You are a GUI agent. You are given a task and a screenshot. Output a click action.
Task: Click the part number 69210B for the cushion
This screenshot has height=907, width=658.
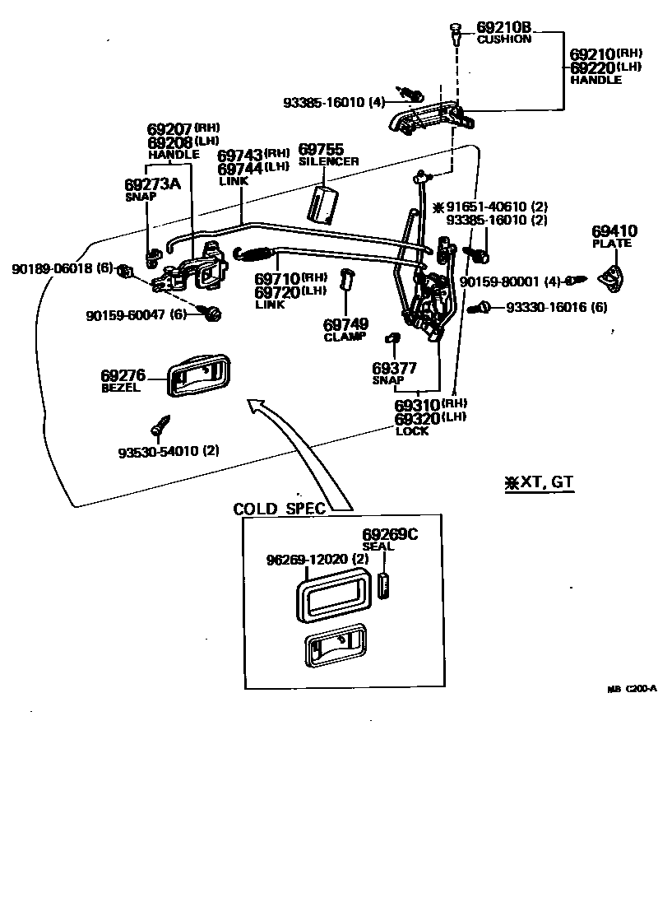tap(500, 27)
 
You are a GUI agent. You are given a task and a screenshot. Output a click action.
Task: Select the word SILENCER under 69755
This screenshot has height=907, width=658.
tap(328, 161)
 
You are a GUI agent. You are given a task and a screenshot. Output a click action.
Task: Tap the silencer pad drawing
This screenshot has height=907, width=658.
tap(325, 203)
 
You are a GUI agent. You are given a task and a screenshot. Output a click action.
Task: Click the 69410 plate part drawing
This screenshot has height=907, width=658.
tap(611, 276)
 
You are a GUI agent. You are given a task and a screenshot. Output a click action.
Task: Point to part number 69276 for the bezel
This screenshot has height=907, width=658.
tap(122, 375)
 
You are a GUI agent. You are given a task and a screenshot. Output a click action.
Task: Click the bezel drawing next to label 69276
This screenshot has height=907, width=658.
tap(198, 376)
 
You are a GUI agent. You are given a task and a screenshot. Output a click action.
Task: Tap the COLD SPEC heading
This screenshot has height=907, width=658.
tap(280, 508)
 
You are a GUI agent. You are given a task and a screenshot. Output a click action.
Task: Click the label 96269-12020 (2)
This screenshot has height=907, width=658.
tap(317, 560)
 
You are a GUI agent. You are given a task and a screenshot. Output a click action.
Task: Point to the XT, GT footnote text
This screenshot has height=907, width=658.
tap(539, 482)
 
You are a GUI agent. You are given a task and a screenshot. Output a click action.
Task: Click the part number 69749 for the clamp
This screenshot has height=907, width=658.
tap(345, 324)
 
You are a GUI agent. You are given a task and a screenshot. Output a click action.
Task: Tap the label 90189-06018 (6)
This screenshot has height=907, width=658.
tap(62, 268)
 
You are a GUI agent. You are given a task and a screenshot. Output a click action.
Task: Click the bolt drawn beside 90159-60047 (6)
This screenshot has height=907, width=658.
tap(213, 313)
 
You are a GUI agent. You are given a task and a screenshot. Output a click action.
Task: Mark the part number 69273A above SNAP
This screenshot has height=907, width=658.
tap(152, 184)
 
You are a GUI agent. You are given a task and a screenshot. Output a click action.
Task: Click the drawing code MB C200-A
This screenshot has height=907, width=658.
tap(632, 690)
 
